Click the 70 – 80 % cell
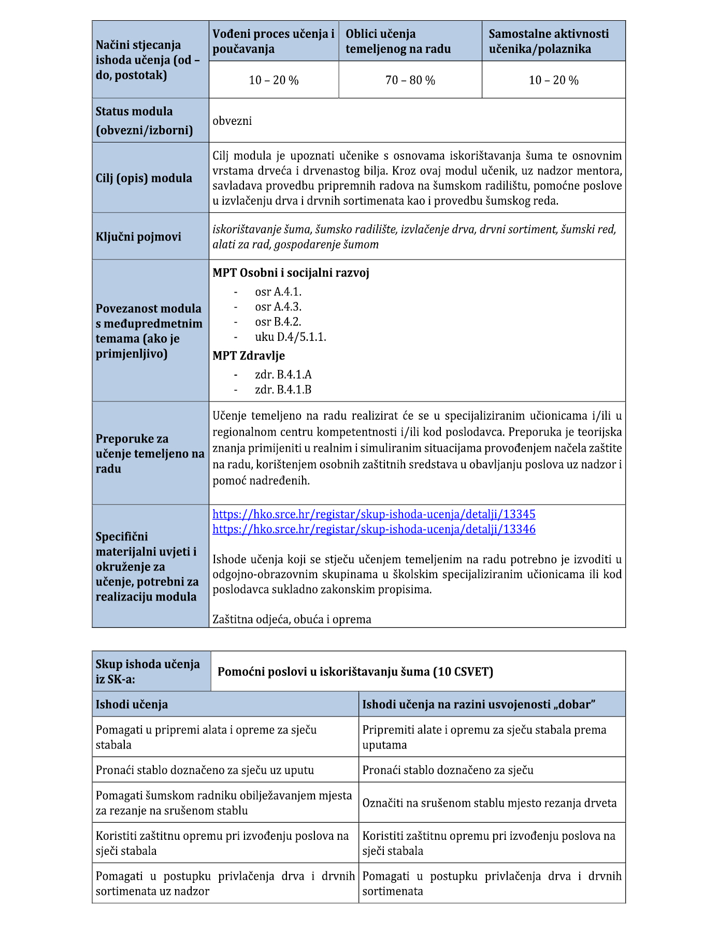410,80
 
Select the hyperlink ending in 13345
374,514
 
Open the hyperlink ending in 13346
374,529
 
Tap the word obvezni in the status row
232,121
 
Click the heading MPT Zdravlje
249,356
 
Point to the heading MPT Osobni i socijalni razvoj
291,273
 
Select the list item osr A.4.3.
278,307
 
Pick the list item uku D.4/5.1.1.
290,337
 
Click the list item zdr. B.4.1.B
283,390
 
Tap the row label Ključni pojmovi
138,237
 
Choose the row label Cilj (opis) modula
143,178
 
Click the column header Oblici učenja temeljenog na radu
398,41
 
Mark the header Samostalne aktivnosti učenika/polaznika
548,41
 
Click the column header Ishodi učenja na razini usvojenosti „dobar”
479,705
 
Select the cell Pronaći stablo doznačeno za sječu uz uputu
205,770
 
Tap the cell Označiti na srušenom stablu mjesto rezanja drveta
489,803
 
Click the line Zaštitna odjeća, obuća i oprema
292,619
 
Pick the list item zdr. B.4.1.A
283,375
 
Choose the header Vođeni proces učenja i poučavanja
273,41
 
